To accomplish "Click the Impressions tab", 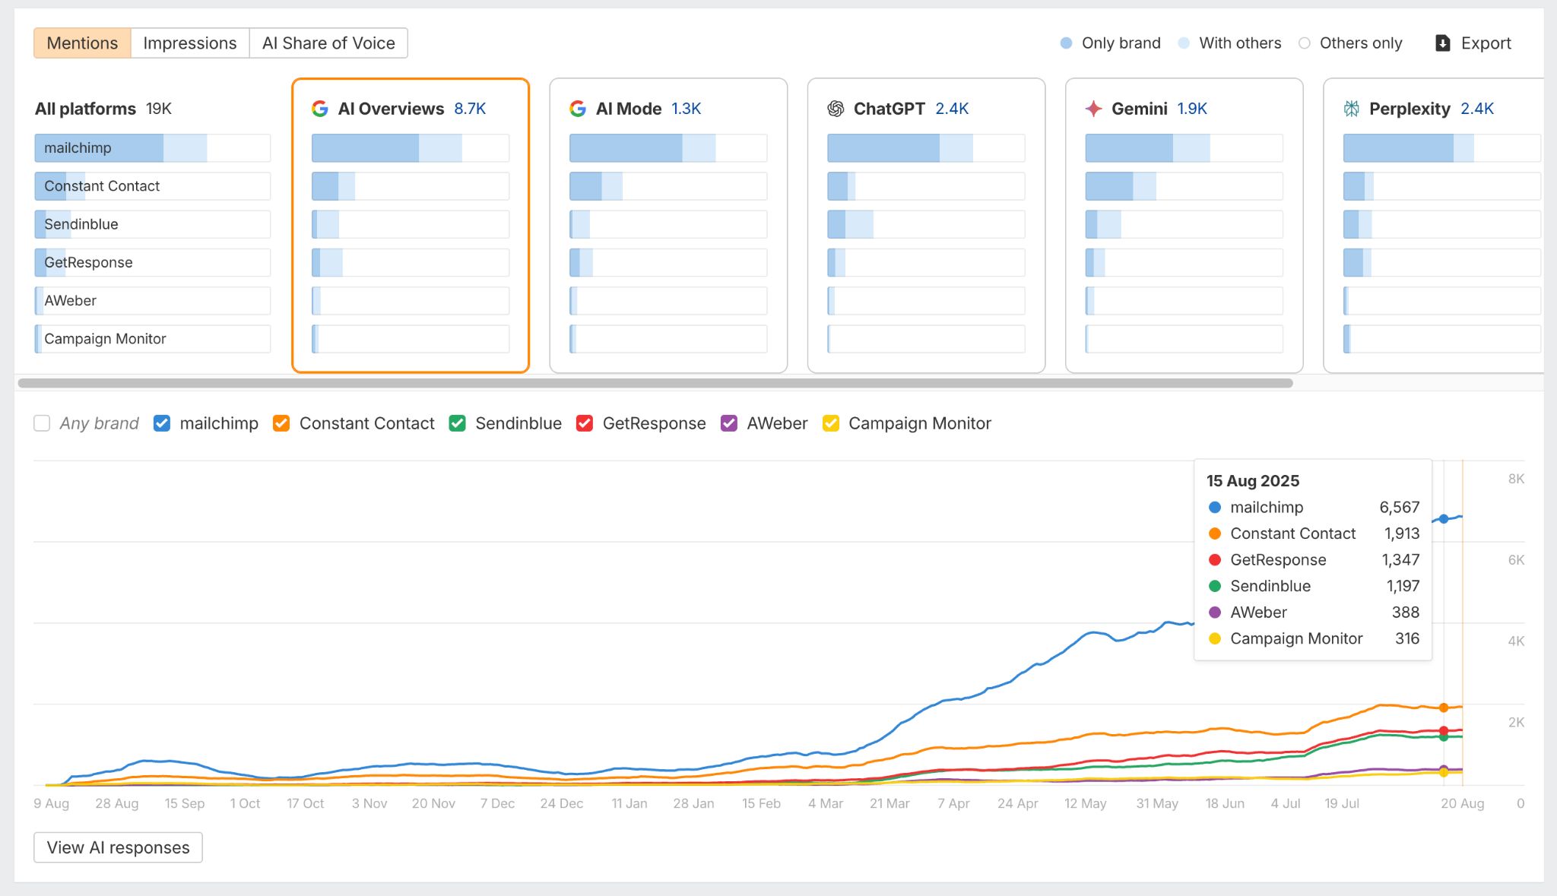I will tap(189, 43).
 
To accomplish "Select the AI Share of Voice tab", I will tap(328, 43).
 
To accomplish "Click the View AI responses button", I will tap(118, 847).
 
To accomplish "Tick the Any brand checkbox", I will tap(42, 423).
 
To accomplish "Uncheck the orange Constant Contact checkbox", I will tap(281, 423).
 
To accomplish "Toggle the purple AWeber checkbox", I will tap(729, 423).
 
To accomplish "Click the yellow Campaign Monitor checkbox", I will tap(831, 423).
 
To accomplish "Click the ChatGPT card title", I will tap(889, 109).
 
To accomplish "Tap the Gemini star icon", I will tap(1093, 109).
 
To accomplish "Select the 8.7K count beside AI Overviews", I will tap(470, 109).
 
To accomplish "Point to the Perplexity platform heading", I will tap(1409, 109).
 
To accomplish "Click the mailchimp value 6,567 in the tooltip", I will tap(1399, 507).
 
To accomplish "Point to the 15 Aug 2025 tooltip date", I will tap(1253, 481).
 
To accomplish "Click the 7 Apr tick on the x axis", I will tap(953, 803).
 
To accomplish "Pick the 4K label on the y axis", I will tap(1516, 641).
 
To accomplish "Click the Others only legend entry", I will tap(1360, 43).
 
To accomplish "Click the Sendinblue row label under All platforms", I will tap(81, 224).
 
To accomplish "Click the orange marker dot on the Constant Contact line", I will tap(1444, 708).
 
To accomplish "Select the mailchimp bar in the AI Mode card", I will tap(668, 148).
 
